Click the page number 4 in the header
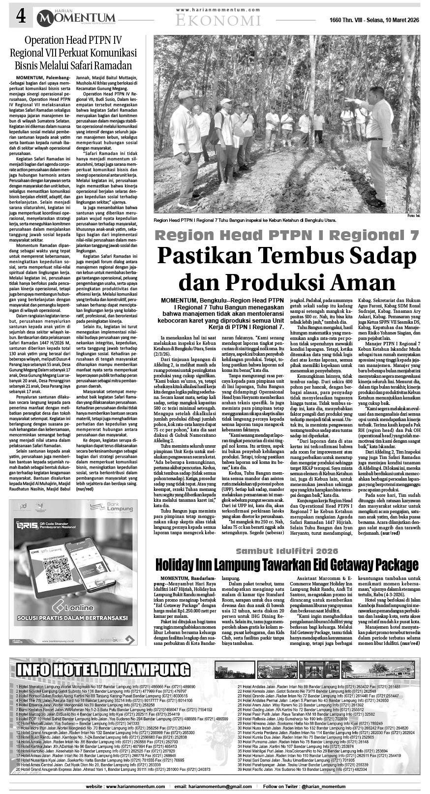tap(21, 18)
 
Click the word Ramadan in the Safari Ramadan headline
tap(112, 65)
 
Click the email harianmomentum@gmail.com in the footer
tap(209, 787)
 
